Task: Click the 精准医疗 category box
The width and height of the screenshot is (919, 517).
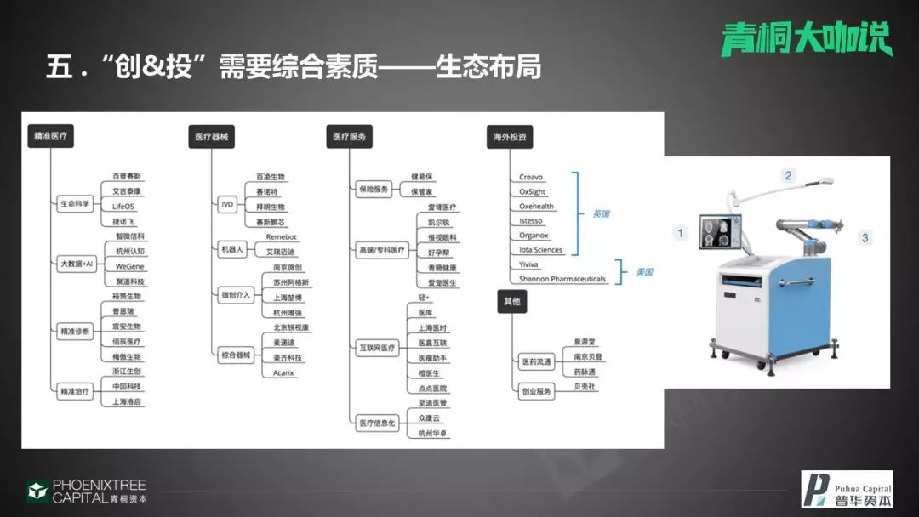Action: click(50, 136)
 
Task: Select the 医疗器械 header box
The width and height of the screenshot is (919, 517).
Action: click(211, 136)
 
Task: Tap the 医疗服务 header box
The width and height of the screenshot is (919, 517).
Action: click(349, 136)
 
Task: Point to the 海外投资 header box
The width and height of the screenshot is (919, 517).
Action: click(510, 136)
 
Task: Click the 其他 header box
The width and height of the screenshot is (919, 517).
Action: click(511, 301)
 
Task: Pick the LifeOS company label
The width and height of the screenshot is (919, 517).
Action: click(124, 207)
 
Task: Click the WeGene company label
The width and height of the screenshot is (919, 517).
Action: click(130, 267)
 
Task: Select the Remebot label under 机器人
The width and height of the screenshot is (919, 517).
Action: click(282, 237)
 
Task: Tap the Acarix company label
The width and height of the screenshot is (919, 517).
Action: click(283, 372)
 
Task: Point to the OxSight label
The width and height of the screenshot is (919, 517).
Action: click(533, 192)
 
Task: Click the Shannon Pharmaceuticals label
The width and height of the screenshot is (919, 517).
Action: click(562, 279)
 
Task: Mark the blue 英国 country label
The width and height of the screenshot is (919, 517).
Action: click(601, 213)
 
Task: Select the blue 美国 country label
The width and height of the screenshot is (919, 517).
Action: click(644, 272)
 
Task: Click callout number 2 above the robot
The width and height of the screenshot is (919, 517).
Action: click(788, 176)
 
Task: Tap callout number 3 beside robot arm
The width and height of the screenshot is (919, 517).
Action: click(865, 237)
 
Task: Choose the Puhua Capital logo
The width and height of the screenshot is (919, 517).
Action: click(847, 489)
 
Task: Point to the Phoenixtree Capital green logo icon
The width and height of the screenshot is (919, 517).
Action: click(37, 491)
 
